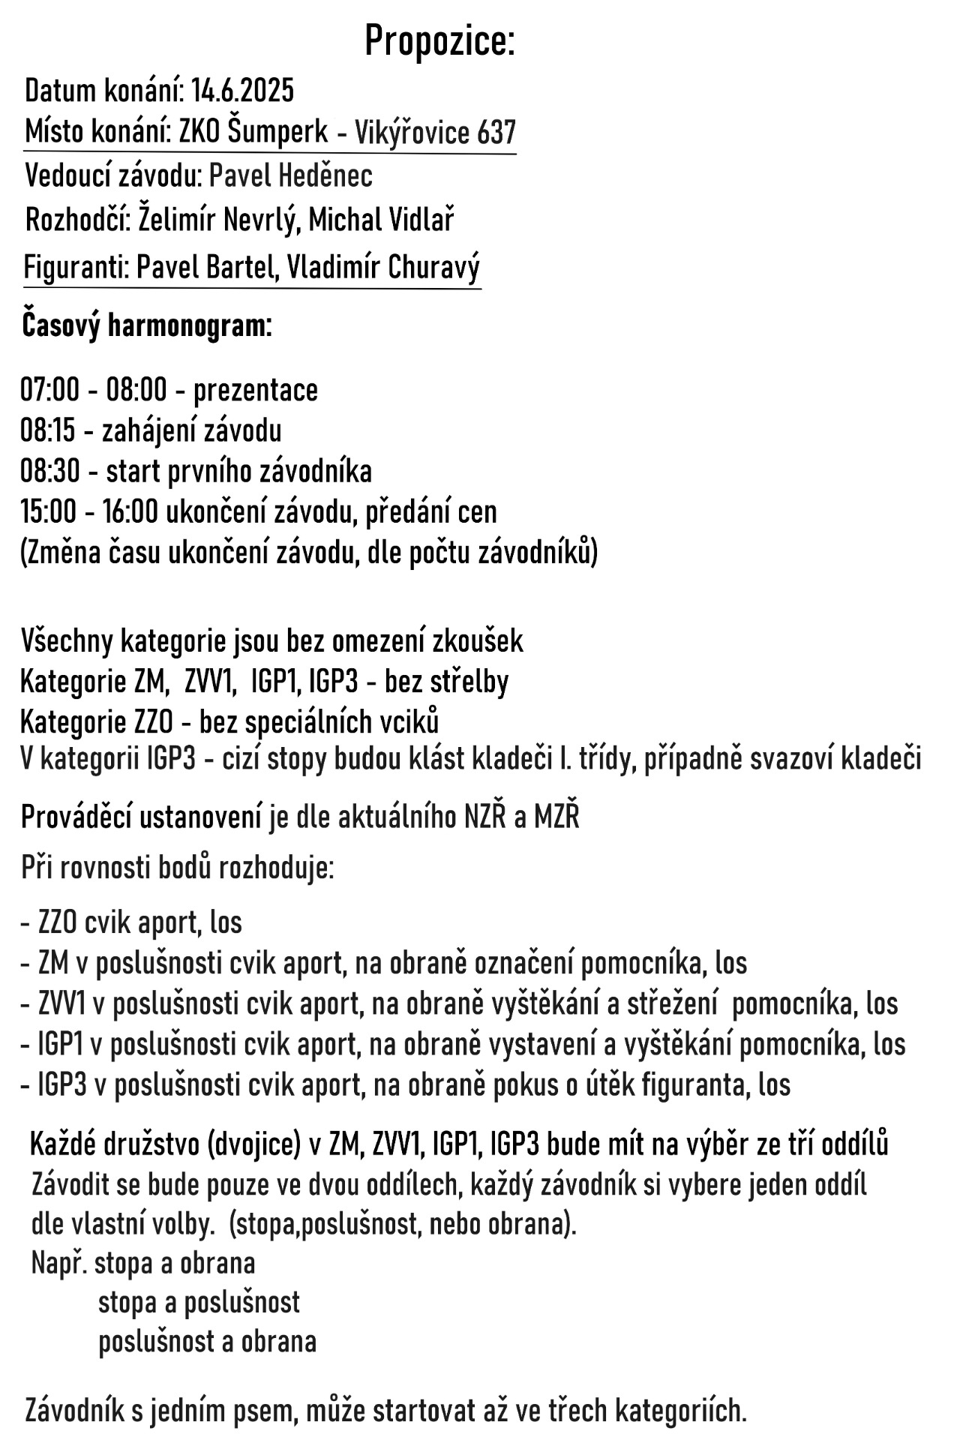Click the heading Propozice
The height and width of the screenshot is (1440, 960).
[439, 41]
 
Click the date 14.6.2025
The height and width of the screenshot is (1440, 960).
[242, 91]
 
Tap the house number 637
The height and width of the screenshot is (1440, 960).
[496, 133]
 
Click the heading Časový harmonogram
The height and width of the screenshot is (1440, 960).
[146, 326]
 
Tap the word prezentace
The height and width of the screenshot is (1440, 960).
[256, 391]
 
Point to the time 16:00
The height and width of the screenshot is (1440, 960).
[130, 512]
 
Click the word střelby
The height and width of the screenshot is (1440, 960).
[469, 682]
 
